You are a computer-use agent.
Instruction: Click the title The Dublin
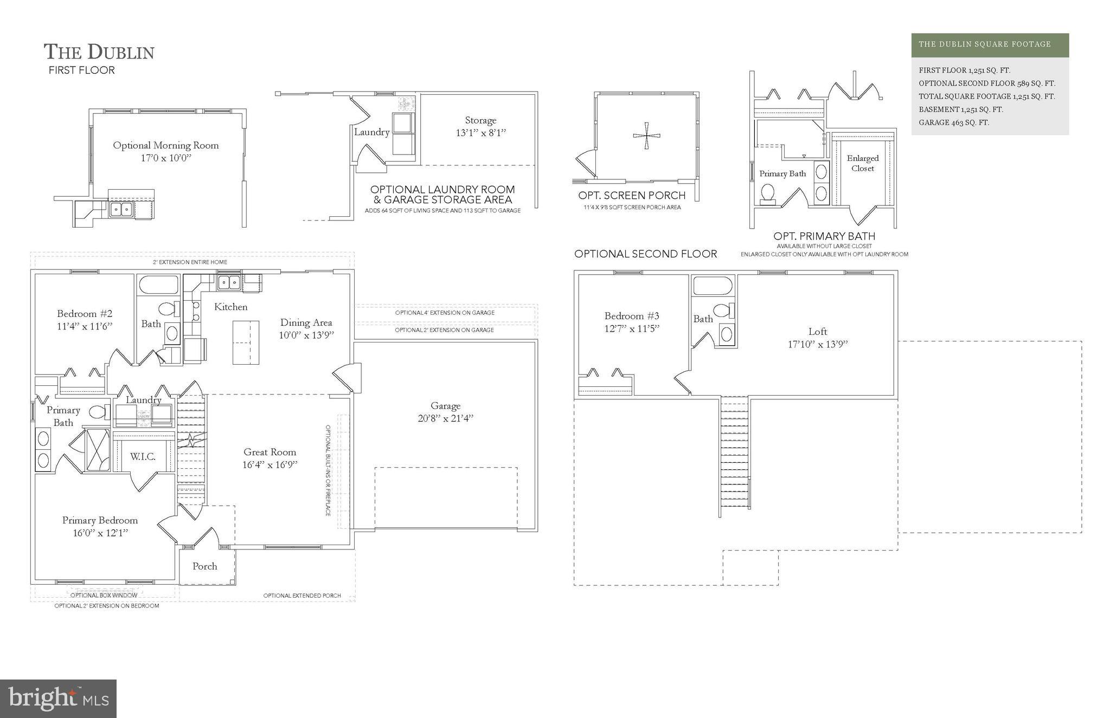[x=99, y=52]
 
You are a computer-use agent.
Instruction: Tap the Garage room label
[x=445, y=406]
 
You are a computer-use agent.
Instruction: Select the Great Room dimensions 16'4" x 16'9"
[x=270, y=465]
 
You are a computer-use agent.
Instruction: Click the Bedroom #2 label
[x=85, y=314]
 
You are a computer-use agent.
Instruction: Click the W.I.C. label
[x=143, y=457]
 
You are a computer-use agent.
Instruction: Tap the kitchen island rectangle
[x=246, y=342]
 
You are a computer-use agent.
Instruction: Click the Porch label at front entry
[x=204, y=566]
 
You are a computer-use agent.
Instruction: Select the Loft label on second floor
[x=818, y=332]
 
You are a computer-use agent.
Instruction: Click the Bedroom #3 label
[x=632, y=316]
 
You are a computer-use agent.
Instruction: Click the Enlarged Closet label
[x=862, y=163]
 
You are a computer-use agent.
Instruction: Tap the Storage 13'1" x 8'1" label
[x=480, y=126]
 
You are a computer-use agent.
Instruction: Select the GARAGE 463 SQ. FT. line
[x=954, y=122]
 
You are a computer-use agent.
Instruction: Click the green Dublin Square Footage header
[x=990, y=44]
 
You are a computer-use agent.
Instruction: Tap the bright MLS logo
[x=58, y=698]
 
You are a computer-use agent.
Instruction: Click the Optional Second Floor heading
[x=645, y=254]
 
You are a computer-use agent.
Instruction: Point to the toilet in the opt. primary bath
[x=767, y=193]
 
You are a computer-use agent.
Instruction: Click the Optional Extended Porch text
[x=302, y=596]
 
